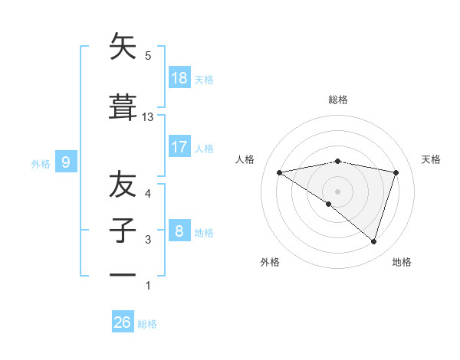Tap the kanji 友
[x=123, y=185]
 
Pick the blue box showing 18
[x=179, y=78]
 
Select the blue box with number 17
[x=179, y=147]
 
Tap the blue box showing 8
[x=179, y=231]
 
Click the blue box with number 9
[x=67, y=162]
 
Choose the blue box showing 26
[x=123, y=322]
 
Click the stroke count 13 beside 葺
[x=148, y=117]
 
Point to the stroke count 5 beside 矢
[x=148, y=56]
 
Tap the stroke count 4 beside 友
[x=148, y=194]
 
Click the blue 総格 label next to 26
[x=147, y=324]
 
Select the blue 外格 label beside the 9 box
[x=41, y=163]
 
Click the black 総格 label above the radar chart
[x=337, y=100]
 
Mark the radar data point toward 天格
[x=396, y=172]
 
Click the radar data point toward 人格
[x=280, y=172]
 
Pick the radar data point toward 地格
[x=373, y=241]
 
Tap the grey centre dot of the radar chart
[x=337, y=191]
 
